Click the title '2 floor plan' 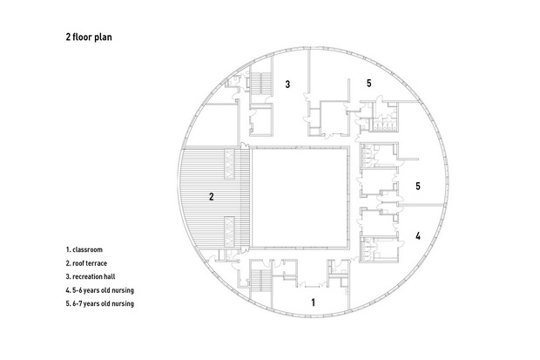89,37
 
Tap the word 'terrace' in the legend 97,263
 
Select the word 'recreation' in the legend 87,276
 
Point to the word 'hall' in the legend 110,276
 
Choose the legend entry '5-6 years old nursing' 103,290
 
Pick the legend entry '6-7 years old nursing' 103,304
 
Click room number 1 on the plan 313,302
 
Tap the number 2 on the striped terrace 212,196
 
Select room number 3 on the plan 287,84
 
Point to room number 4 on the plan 418,236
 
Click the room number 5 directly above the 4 418,187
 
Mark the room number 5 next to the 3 368,83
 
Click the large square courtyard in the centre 299,197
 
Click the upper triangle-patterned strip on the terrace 229,164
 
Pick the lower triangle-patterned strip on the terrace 229,232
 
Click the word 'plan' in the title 103,37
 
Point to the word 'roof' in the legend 78,263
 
